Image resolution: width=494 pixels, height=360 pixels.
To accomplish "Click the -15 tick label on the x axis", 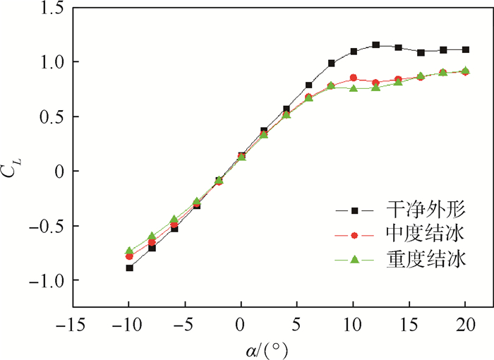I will (x=73, y=326).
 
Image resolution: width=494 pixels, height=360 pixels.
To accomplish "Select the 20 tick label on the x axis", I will (x=466, y=326).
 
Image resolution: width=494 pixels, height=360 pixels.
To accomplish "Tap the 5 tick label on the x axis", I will (x=297, y=326).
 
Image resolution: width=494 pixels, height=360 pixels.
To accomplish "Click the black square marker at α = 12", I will (x=376, y=45).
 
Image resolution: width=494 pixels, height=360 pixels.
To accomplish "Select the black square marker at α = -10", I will (x=129, y=268).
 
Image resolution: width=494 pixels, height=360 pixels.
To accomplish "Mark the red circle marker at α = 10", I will (x=354, y=78).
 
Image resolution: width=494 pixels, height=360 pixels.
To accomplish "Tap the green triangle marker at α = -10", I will (x=129, y=251).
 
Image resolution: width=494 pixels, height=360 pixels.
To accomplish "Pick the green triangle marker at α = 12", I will (x=376, y=88).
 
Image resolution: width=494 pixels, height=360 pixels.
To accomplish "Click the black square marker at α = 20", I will (x=466, y=49).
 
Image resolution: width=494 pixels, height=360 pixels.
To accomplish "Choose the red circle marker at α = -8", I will (x=152, y=243).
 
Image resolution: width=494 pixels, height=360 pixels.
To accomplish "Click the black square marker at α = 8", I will (x=331, y=64).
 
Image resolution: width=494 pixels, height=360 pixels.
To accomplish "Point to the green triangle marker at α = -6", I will (x=174, y=220).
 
